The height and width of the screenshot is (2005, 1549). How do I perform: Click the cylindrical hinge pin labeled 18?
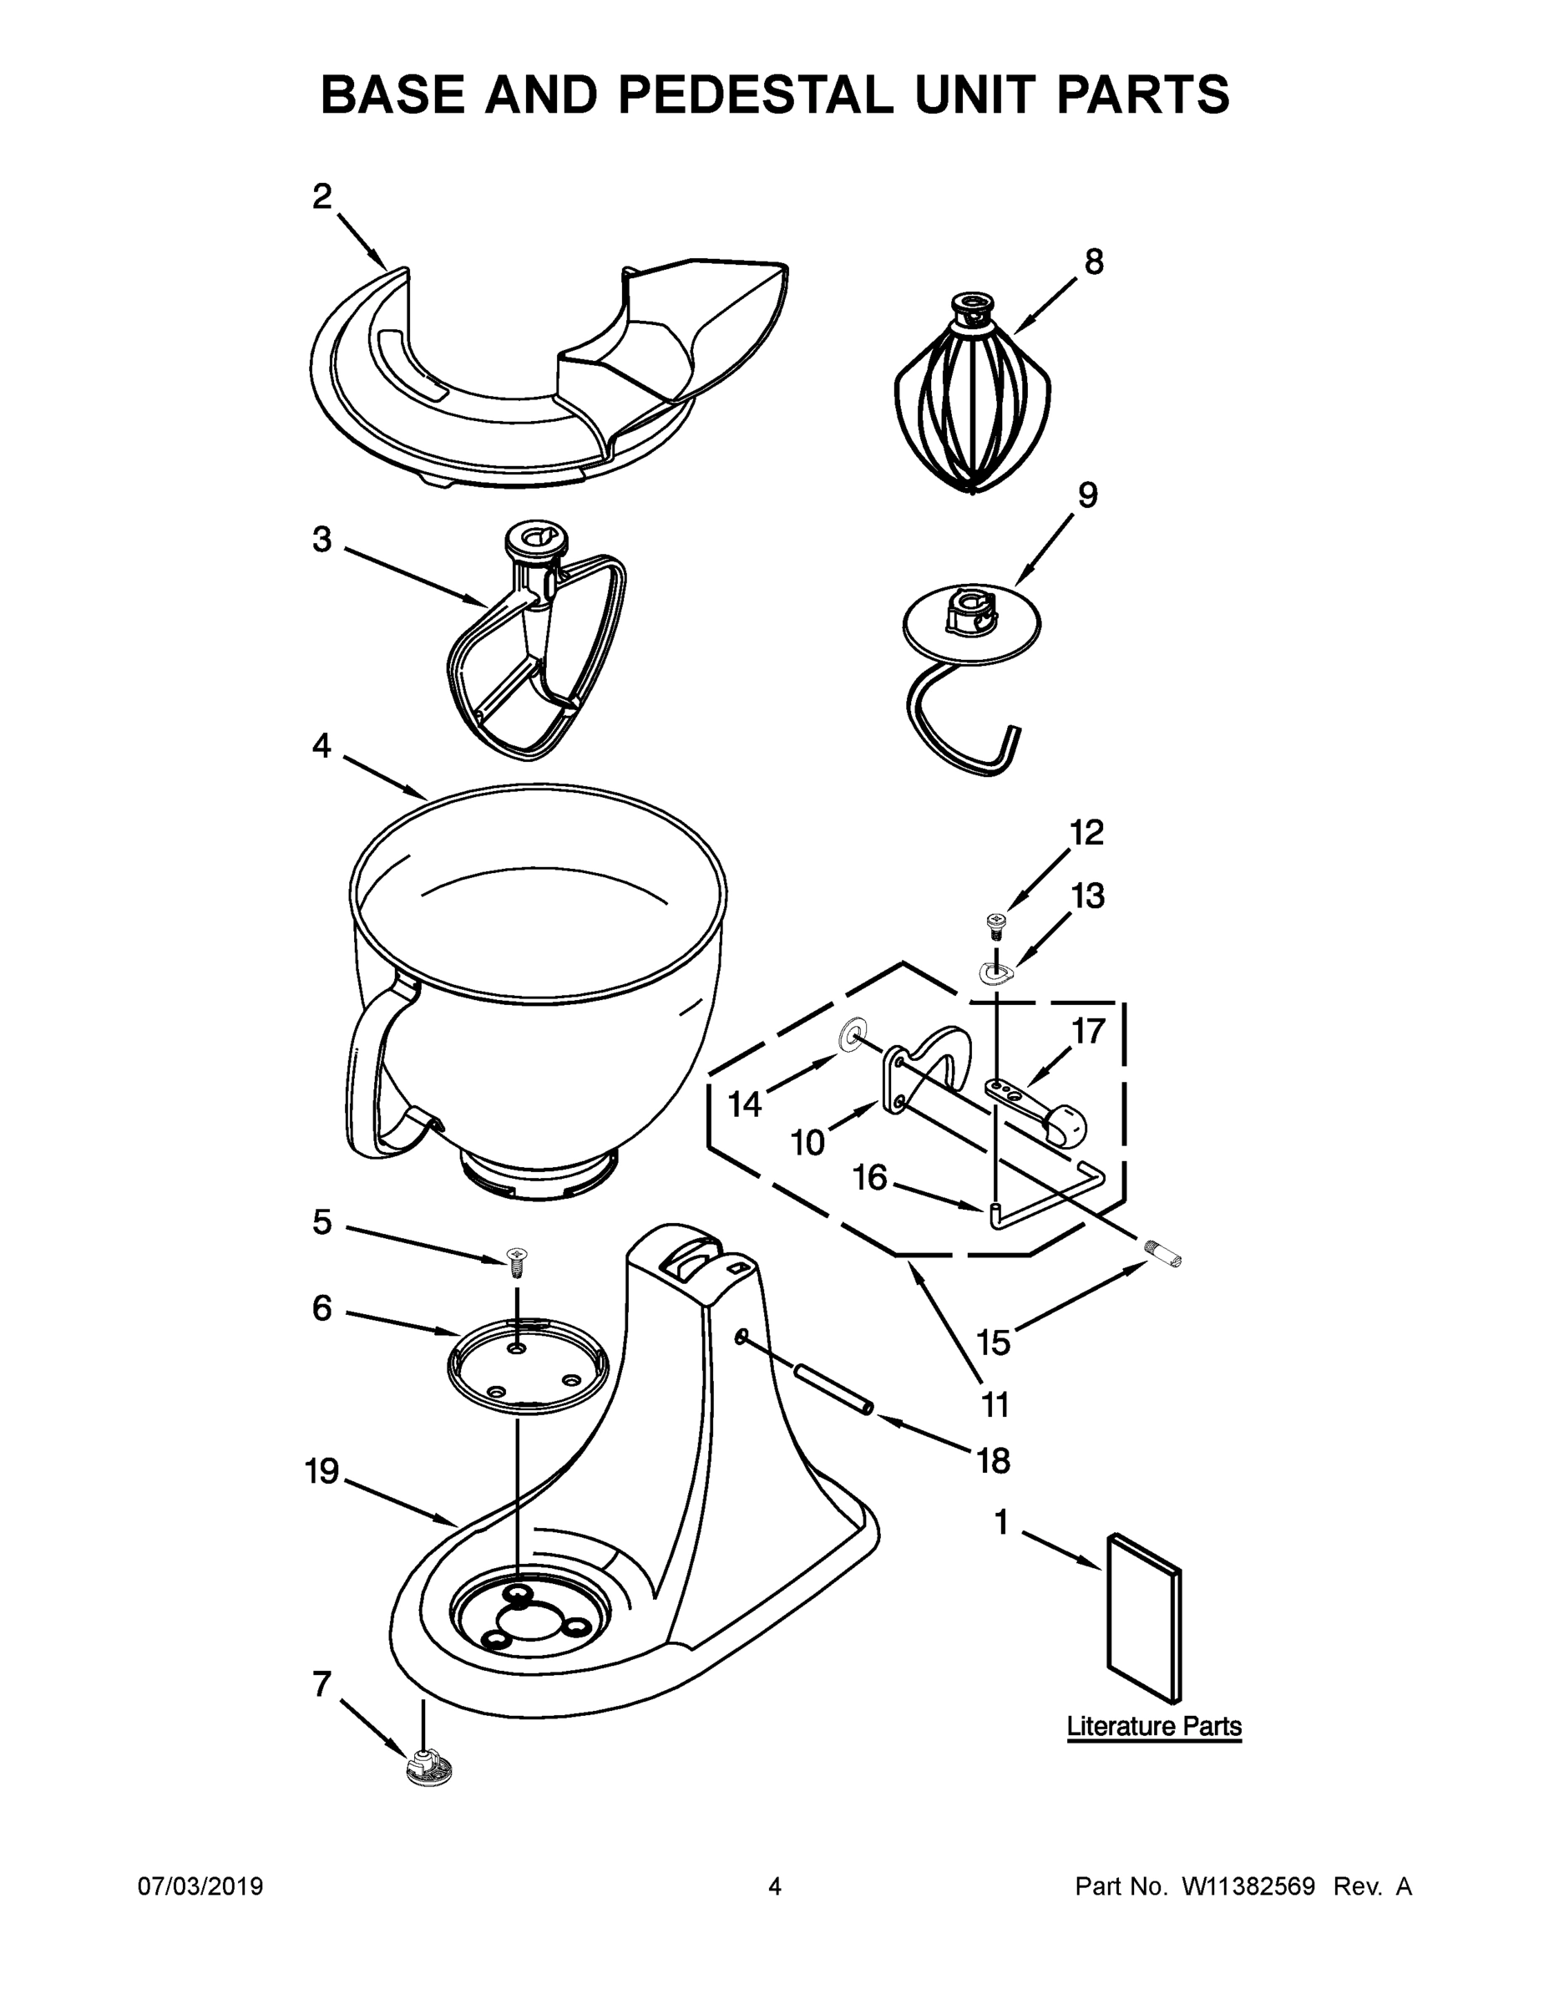(832, 1392)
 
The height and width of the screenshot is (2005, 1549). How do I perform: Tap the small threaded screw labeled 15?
(1162, 1253)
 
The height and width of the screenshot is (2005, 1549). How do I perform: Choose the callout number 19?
(322, 1473)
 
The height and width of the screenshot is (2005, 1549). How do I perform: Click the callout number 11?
(994, 1403)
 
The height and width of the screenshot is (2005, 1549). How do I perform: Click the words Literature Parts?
(1153, 1726)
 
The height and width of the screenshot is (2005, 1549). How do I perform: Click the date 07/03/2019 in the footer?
(200, 1886)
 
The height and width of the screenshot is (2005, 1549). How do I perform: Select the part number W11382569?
(1248, 1886)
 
